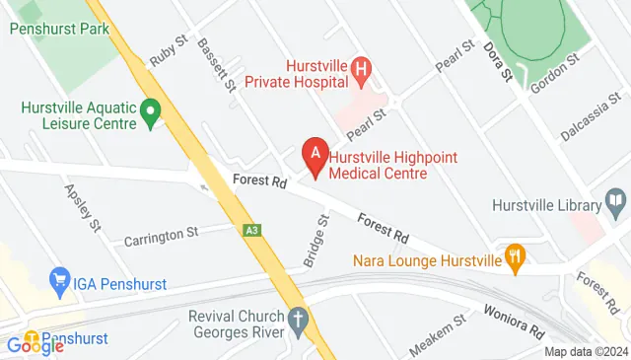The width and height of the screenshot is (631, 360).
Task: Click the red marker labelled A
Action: tap(315, 154)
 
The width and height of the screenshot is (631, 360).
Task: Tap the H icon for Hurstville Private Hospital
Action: tap(363, 69)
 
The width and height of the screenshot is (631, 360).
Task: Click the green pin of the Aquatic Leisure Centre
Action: tap(151, 112)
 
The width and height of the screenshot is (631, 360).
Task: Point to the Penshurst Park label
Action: tap(59, 29)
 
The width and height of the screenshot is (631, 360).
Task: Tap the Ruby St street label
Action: tap(169, 53)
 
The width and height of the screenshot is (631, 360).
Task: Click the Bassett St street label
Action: tap(216, 64)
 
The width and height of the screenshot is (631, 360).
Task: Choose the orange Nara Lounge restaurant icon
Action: tap(514, 259)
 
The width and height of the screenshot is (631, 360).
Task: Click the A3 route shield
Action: tap(252, 230)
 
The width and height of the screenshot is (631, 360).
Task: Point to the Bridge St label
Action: tap(316, 242)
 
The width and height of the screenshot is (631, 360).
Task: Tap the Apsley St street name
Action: tap(83, 207)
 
